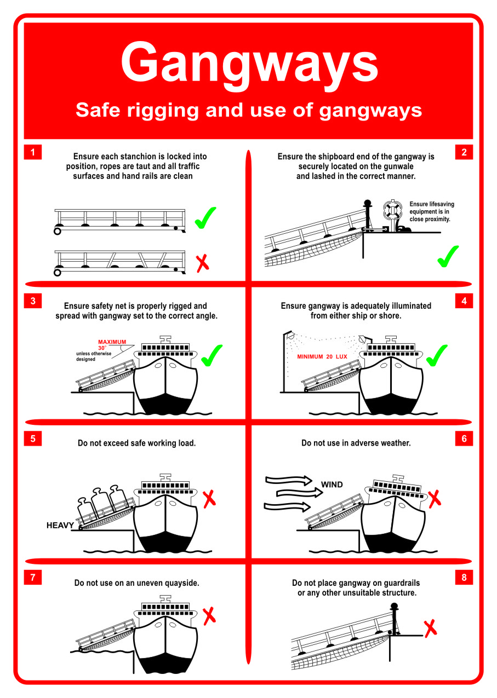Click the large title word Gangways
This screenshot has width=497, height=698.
click(x=249, y=61)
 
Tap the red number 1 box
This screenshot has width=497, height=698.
click(x=33, y=153)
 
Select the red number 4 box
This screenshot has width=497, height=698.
click(x=464, y=301)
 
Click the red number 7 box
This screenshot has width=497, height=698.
click(x=33, y=577)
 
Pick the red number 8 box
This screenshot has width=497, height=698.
click(x=464, y=577)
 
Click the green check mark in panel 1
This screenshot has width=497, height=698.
click(x=205, y=217)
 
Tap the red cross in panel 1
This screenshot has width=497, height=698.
click(x=203, y=263)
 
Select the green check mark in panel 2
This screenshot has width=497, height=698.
click(x=448, y=256)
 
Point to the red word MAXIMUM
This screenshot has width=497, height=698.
click(x=112, y=342)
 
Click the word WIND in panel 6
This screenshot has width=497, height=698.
click(x=332, y=484)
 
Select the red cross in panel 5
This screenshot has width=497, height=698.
click(x=209, y=499)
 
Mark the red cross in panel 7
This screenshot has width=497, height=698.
click(x=209, y=616)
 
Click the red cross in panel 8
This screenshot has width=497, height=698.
click(x=431, y=627)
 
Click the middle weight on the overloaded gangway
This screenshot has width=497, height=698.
click(x=102, y=501)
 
